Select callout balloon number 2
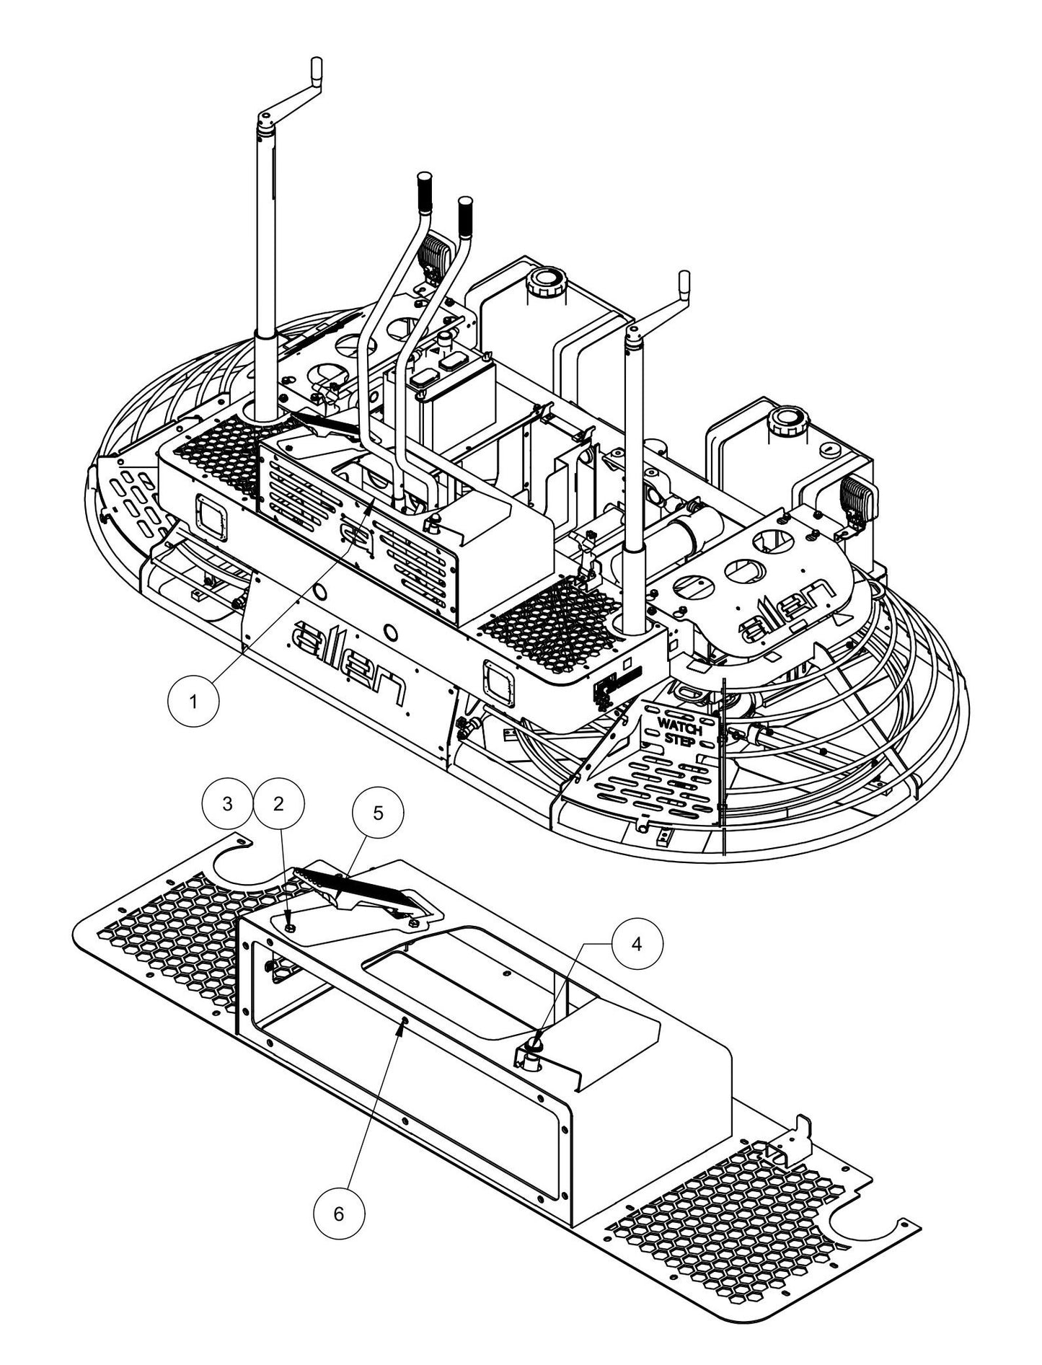pyautogui.click(x=279, y=804)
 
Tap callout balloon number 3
pyautogui.click(x=228, y=804)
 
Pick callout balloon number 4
pyautogui.click(x=636, y=945)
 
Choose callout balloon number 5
pyautogui.click(x=378, y=813)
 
